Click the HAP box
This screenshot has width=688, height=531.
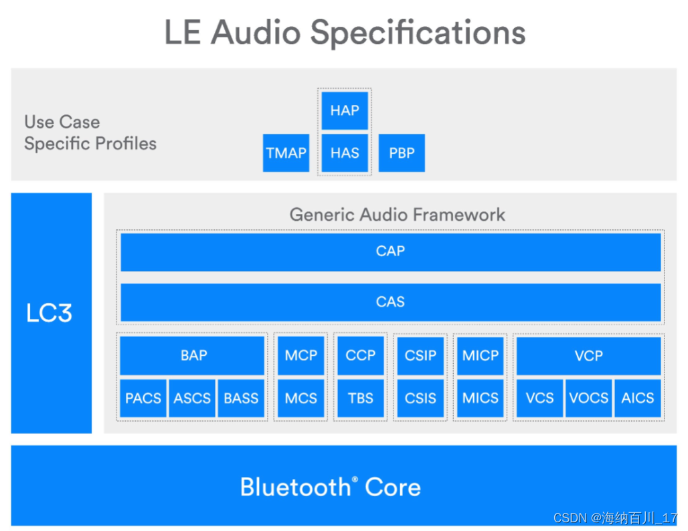[x=345, y=110]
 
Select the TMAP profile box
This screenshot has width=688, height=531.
[x=286, y=152]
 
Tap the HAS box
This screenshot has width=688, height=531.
[x=345, y=152]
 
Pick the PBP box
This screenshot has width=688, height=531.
[x=402, y=152]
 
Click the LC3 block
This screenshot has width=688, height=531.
[x=51, y=313]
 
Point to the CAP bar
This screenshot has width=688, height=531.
[x=390, y=251]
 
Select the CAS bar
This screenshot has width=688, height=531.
[x=390, y=302]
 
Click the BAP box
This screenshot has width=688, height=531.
[x=193, y=356]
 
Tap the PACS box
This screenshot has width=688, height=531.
[x=143, y=398]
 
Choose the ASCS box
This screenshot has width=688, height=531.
[x=192, y=398]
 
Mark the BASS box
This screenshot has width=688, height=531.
[x=241, y=398]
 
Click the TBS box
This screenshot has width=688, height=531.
[x=361, y=398]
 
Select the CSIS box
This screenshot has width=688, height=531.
[x=420, y=398]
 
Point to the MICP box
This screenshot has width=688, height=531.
[x=480, y=356]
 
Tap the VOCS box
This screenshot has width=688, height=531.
[x=588, y=398]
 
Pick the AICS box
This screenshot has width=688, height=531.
[x=637, y=398]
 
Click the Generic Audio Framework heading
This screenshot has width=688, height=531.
[x=397, y=215]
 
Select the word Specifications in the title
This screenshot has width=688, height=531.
[x=418, y=32]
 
